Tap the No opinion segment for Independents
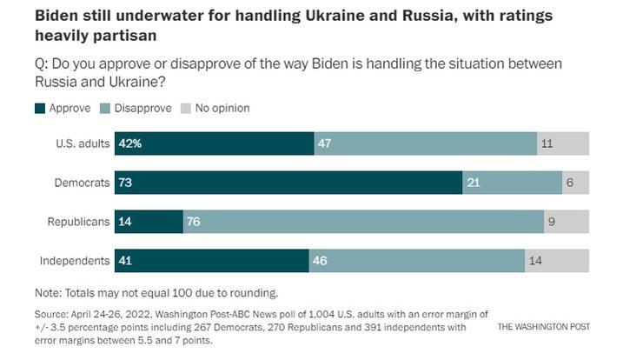coord(557,261)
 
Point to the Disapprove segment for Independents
coord(416,261)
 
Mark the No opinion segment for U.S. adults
coord(563,143)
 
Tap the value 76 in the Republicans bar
coord(194,222)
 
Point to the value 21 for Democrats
coord(474,183)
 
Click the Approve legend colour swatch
coord(40,109)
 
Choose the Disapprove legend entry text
coord(141,109)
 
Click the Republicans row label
coord(78,222)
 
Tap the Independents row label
coord(75,261)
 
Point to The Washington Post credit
coord(544,327)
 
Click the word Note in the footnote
coord(48,293)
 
